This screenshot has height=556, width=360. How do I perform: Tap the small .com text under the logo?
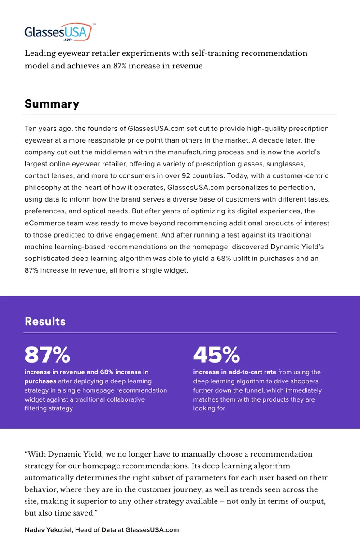tap(68, 40)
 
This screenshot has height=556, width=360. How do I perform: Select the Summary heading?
tap(52, 104)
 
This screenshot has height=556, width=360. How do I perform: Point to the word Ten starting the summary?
tap(30, 129)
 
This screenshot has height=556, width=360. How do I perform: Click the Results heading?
tap(45, 321)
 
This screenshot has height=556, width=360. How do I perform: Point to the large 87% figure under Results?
tap(47, 354)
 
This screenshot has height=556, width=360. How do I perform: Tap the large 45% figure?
tap(217, 354)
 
